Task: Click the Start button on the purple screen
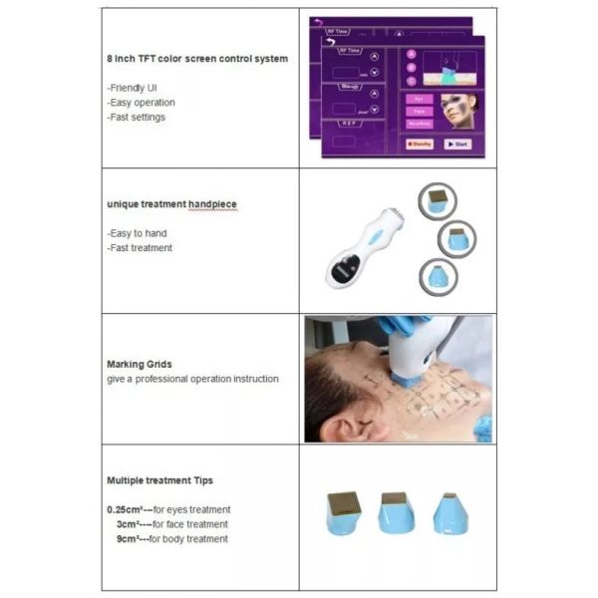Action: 457,144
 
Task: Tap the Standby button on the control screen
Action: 419,144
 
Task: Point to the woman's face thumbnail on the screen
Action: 459,110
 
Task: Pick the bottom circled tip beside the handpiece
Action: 438,273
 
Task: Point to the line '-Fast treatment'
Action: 140,247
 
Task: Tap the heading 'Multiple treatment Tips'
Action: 159,480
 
